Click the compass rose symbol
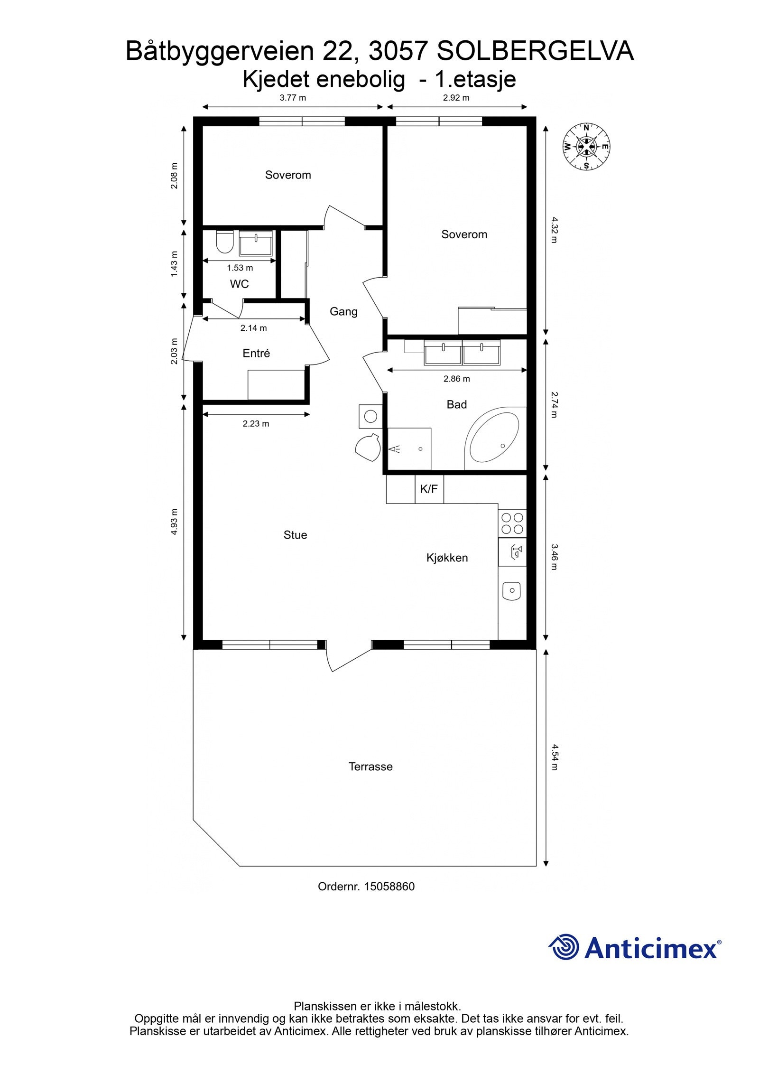pos(586,146)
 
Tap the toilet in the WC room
pos(224,242)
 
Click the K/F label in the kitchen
pos(429,489)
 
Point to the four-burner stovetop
pos(512,523)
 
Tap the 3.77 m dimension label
pos(293,98)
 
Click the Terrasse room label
pos(370,766)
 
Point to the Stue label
pos(295,535)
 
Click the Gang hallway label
pos(343,311)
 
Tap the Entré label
pos(256,353)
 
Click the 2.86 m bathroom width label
pos(456,379)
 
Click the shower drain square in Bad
pos(409,448)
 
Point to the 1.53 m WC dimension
pos(240,268)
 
